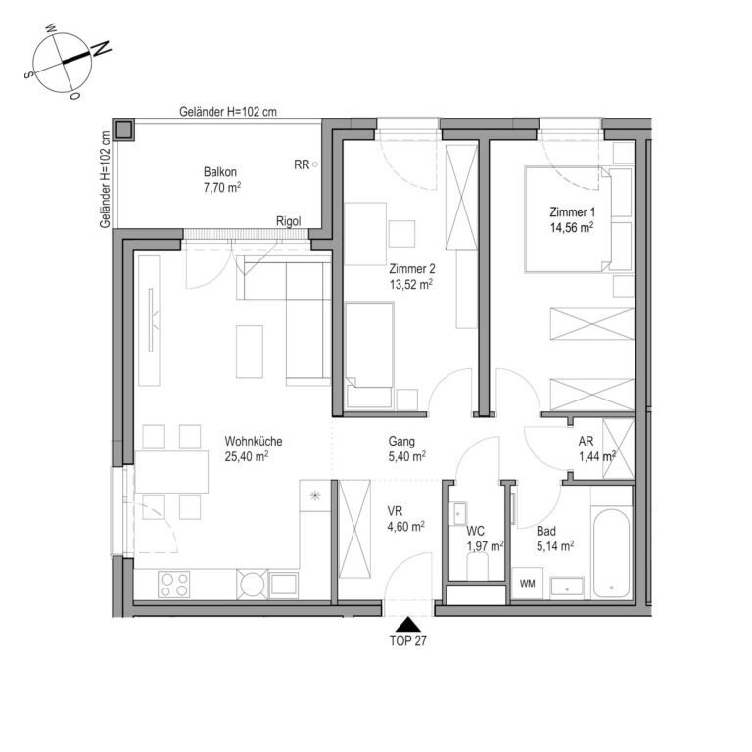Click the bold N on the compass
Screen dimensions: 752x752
[102, 48]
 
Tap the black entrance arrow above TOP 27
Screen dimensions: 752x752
[407, 624]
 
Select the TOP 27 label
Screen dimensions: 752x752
[407, 641]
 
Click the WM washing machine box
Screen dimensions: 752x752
[527, 584]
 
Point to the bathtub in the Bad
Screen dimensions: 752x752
[611, 553]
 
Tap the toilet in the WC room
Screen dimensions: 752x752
[477, 566]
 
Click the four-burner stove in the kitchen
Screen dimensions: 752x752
[173, 585]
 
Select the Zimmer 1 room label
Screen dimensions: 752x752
[572, 211]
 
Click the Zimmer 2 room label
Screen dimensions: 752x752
[412, 268]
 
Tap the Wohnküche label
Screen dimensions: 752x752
[254, 441]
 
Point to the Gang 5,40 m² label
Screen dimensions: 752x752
[406, 448]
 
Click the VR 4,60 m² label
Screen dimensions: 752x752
[405, 519]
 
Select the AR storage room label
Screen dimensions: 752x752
[586, 441]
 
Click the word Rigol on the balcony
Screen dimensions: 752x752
[289, 221]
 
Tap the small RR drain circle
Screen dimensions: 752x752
[315, 164]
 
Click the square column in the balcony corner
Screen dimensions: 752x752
[123, 130]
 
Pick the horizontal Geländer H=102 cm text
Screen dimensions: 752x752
[228, 112]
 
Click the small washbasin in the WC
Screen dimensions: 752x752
[459, 514]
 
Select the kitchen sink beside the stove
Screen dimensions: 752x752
[284, 585]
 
